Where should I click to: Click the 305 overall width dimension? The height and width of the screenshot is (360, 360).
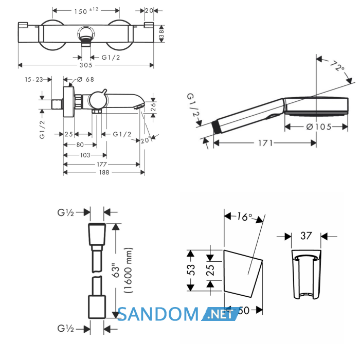coord(86,65)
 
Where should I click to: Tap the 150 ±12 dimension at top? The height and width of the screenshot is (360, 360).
coord(86,11)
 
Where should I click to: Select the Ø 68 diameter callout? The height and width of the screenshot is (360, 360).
coord(85,79)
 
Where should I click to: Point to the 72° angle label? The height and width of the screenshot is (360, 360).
coord(337,66)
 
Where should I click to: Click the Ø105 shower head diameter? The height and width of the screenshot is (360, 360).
coord(319,127)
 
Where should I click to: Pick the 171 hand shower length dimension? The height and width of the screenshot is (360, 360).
coord(265,143)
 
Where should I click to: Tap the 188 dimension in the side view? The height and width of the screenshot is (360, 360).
coord(104,172)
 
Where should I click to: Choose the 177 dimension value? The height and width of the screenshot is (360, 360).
coord(102,164)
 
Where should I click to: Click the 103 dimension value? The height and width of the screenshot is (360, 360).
coord(85,155)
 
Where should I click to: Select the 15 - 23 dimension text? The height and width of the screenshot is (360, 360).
coord(34,79)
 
